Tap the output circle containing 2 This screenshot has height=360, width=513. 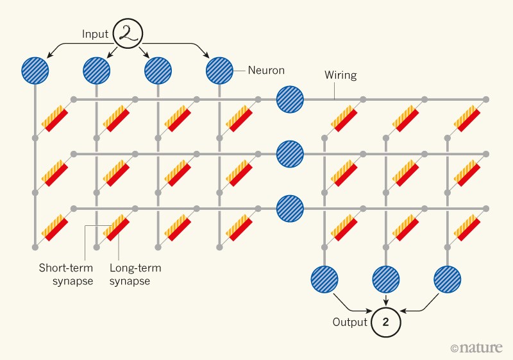tap(385, 322)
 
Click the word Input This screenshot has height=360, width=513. tap(95, 33)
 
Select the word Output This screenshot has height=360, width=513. tap(349, 322)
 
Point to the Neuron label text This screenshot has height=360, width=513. tap(266, 70)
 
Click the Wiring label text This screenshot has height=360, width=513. tap(340, 75)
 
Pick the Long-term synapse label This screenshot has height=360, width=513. tap(130, 275)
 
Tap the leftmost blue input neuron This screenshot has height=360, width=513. tap(35, 70)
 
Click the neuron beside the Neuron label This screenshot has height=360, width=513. tap(219, 70)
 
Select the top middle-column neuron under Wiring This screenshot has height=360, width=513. tap(290, 99)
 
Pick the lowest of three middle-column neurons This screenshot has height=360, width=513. tap(290, 208)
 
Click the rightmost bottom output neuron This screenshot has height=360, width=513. tap(447, 279)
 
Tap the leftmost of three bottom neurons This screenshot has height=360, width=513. tap(324, 279)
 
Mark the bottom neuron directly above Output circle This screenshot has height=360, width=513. tap(385, 279)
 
